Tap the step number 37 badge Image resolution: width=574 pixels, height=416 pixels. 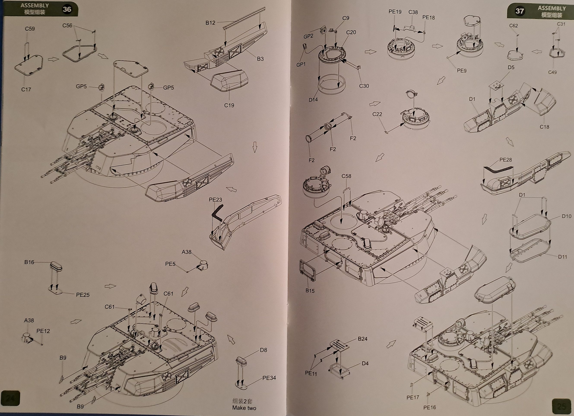(520, 11)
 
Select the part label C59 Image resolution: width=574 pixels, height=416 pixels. (30, 29)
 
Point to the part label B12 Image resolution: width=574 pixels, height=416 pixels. (210, 23)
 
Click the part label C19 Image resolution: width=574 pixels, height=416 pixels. (229, 105)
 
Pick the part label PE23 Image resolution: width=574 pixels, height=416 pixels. (215, 200)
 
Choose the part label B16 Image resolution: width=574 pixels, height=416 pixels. (29, 262)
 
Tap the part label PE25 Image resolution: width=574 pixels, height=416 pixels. (83, 295)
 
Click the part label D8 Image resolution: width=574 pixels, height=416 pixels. (263, 350)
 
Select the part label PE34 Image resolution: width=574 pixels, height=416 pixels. (269, 378)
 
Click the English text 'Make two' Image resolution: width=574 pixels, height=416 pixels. (244, 408)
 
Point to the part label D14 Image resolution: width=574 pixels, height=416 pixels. (313, 100)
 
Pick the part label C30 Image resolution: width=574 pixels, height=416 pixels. (364, 86)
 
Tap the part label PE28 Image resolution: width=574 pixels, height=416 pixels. (506, 160)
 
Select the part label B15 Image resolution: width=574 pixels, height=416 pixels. (310, 291)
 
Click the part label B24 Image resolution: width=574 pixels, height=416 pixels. (362, 339)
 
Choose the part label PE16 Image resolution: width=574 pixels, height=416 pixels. (430, 407)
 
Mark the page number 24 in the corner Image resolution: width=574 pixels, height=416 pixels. (10, 398)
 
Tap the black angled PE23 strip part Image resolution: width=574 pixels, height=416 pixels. (217, 214)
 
